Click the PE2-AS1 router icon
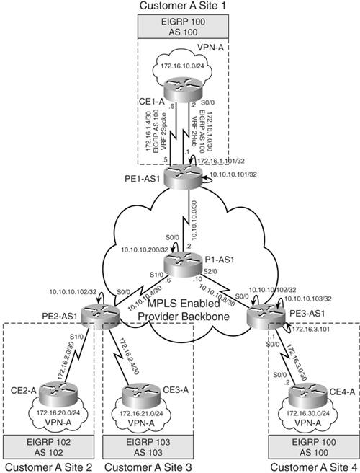[95, 314]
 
